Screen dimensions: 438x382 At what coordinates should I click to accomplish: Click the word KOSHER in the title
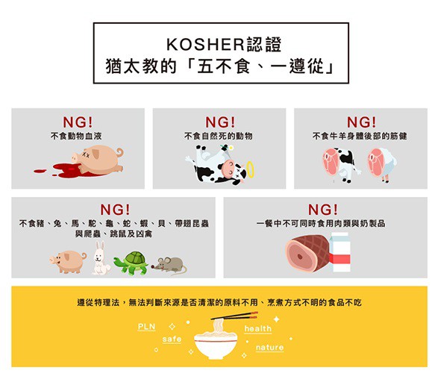click(205, 45)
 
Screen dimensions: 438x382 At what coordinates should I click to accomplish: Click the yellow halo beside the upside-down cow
click(251, 169)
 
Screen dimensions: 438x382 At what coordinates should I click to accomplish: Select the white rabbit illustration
click(100, 257)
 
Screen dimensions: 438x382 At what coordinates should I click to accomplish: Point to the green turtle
click(131, 263)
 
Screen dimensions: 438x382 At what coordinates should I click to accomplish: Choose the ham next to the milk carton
click(307, 253)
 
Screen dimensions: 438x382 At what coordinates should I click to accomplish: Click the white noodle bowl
click(216, 345)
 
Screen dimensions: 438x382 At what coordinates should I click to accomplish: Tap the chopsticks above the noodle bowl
click(234, 316)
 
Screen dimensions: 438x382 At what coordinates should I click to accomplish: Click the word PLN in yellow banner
click(146, 327)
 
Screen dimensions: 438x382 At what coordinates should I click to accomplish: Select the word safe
click(172, 339)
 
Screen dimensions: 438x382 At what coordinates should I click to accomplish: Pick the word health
click(258, 329)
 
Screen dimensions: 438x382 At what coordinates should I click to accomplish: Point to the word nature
click(269, 348)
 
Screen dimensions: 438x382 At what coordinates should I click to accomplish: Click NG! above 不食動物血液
click(78, 122)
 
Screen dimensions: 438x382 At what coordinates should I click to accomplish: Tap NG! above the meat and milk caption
click(322, 210)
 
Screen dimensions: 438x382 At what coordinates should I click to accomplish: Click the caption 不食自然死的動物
click(219, 137)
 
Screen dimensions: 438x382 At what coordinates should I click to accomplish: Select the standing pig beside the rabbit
click(69, 261)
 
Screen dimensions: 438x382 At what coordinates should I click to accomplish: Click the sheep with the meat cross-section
click(381, 164)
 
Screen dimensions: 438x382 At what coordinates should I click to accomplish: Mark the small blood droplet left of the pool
click(40, 170)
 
